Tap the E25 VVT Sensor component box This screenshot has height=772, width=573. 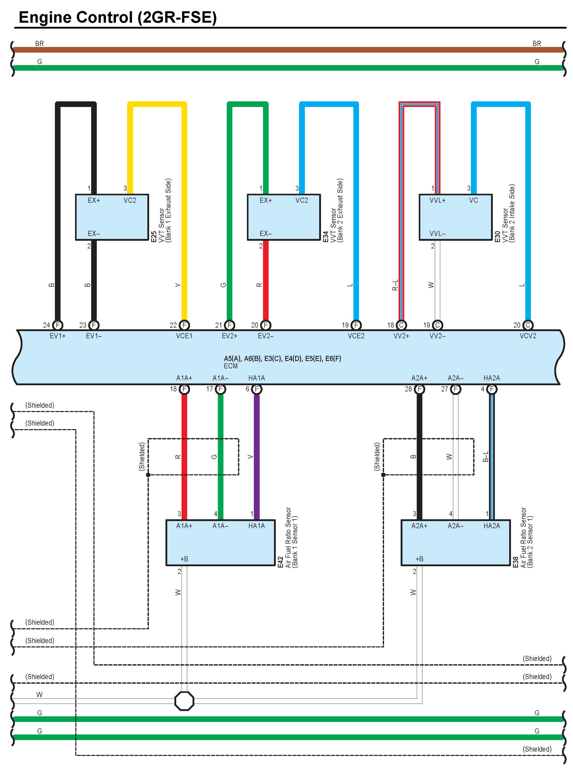pos(112,217)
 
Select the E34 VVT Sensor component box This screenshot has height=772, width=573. pos(283,217)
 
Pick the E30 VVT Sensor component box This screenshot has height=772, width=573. pos(455,217)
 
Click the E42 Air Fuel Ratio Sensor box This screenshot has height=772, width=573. pos(220,543)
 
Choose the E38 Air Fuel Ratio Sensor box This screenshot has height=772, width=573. pos(455,543)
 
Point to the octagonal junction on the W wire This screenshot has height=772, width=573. pos(184,701)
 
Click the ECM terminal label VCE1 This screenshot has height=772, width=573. pos(184,336)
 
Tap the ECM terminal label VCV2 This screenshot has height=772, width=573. pos(528,336)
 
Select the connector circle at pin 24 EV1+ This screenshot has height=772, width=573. pos(58,325)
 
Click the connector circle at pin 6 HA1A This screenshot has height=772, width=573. pos(257,389)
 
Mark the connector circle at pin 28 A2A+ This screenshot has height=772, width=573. pos(419,389)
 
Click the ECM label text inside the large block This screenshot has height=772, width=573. pos(231,366)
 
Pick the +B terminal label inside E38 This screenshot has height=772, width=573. pos(419,559)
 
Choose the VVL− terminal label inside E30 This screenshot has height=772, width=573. pos(437,233)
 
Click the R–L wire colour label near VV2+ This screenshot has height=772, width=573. pos(395,285)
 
